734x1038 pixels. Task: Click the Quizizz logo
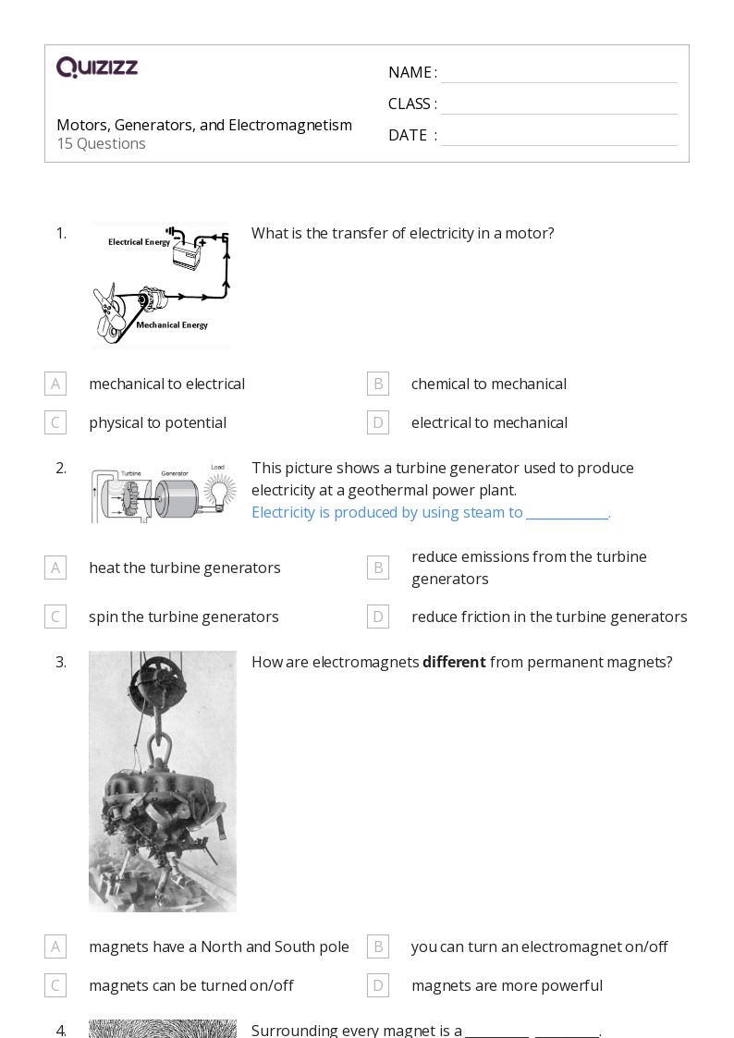pos(97,67)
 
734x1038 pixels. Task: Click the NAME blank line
pos(558,74)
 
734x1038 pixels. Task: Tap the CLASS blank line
pos(558,105)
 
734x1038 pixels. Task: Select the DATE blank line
pos(558,137)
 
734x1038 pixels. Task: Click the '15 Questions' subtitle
pos(101,143)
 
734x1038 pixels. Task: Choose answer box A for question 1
pos(55,384)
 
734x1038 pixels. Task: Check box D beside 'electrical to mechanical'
pos(377,422)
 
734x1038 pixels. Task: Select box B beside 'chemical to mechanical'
pos(377,384)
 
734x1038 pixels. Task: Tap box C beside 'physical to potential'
pos(55,422)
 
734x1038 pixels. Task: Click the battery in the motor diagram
pos(188,254)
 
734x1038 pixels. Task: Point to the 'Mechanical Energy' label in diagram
pos(172,325)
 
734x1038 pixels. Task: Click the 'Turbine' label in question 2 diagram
pos(131,472)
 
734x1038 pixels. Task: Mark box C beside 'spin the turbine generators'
pos(55,617)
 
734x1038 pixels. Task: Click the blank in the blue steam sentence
pos(567,513)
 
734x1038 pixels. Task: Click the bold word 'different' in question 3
pos(454,662)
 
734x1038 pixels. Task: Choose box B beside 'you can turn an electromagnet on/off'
pos(377,946)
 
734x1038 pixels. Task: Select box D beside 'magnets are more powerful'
pos(377,985)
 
